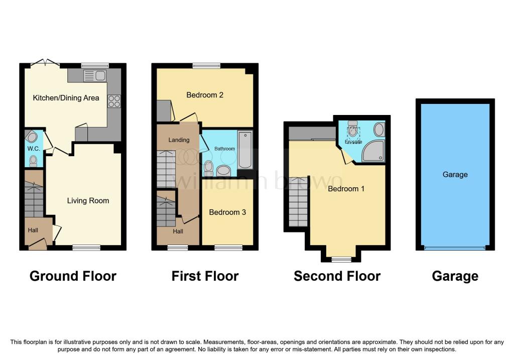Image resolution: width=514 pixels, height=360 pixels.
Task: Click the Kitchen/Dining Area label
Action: pos(66,98)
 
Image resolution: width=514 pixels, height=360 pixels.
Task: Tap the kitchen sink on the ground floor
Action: pos(95,76)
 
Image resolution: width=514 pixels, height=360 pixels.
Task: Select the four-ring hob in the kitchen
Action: pos(114,101)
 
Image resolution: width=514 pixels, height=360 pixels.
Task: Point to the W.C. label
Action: pos(34,149)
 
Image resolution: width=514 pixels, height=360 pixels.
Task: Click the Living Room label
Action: pos(88,201)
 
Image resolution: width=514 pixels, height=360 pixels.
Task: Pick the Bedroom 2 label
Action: pos(205,95)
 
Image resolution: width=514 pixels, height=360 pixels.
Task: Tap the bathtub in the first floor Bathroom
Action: pos(245,150)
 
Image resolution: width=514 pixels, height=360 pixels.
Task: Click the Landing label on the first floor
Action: pos(179,140)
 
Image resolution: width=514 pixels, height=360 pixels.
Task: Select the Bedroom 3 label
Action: pos(227,212)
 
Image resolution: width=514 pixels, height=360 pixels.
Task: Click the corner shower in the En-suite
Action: pos(373,151)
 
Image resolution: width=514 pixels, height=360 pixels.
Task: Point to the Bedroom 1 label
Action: pos(346,188)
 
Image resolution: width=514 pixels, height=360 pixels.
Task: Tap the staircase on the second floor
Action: pos(298,202)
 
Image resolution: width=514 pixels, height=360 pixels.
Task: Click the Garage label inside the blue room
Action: pos(455,174)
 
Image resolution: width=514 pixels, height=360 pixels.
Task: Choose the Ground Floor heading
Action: pos(73,276)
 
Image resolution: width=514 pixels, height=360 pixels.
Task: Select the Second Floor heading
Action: pos(337,276)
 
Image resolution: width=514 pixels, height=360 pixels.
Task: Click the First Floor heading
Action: pos(205,276)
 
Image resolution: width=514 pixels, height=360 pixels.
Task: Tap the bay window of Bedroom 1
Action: pos(341,260)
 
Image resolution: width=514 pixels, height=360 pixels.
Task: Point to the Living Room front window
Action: pos(86,248)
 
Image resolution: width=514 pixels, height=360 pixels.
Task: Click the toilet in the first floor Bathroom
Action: pos(208,168)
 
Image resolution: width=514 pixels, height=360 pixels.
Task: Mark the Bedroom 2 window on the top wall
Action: pos(206,66)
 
